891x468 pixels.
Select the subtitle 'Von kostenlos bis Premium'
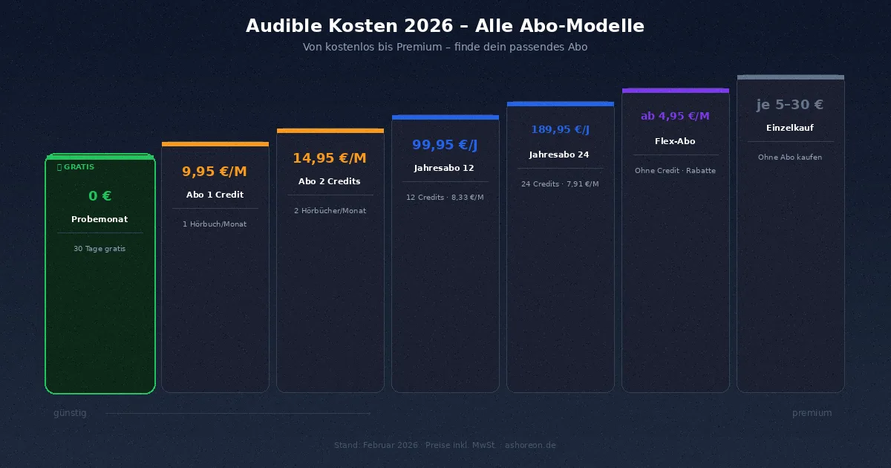point(445,47)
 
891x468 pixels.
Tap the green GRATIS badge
point(76,167)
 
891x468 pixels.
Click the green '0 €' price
point(99,196)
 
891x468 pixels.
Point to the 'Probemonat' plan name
point(99,219)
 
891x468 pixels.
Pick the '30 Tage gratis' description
point(99,249)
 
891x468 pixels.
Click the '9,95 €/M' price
point(215,172)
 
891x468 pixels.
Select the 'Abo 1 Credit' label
point(215,195)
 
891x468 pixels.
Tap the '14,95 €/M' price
point(330,158)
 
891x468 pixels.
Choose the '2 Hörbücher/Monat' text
point(330,211)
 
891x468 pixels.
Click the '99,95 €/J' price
point(445,145)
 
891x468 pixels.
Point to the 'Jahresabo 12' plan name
point(444,168)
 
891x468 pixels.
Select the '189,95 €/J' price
point(560,130)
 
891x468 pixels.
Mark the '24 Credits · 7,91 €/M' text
point(560,184)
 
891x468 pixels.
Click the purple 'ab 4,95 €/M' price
point(675,116)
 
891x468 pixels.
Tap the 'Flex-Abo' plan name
point(675,141)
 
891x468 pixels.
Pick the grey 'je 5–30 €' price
point(790,105)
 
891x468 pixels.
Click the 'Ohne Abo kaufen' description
point(790,157)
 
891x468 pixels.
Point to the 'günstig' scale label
point(70,413)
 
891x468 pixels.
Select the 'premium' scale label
point(812,413)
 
